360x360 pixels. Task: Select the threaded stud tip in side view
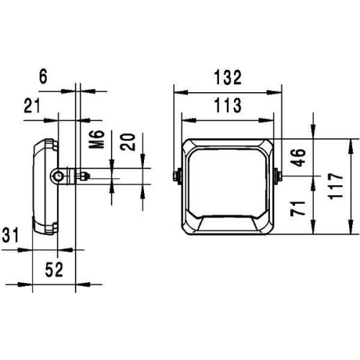pos(86,174)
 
